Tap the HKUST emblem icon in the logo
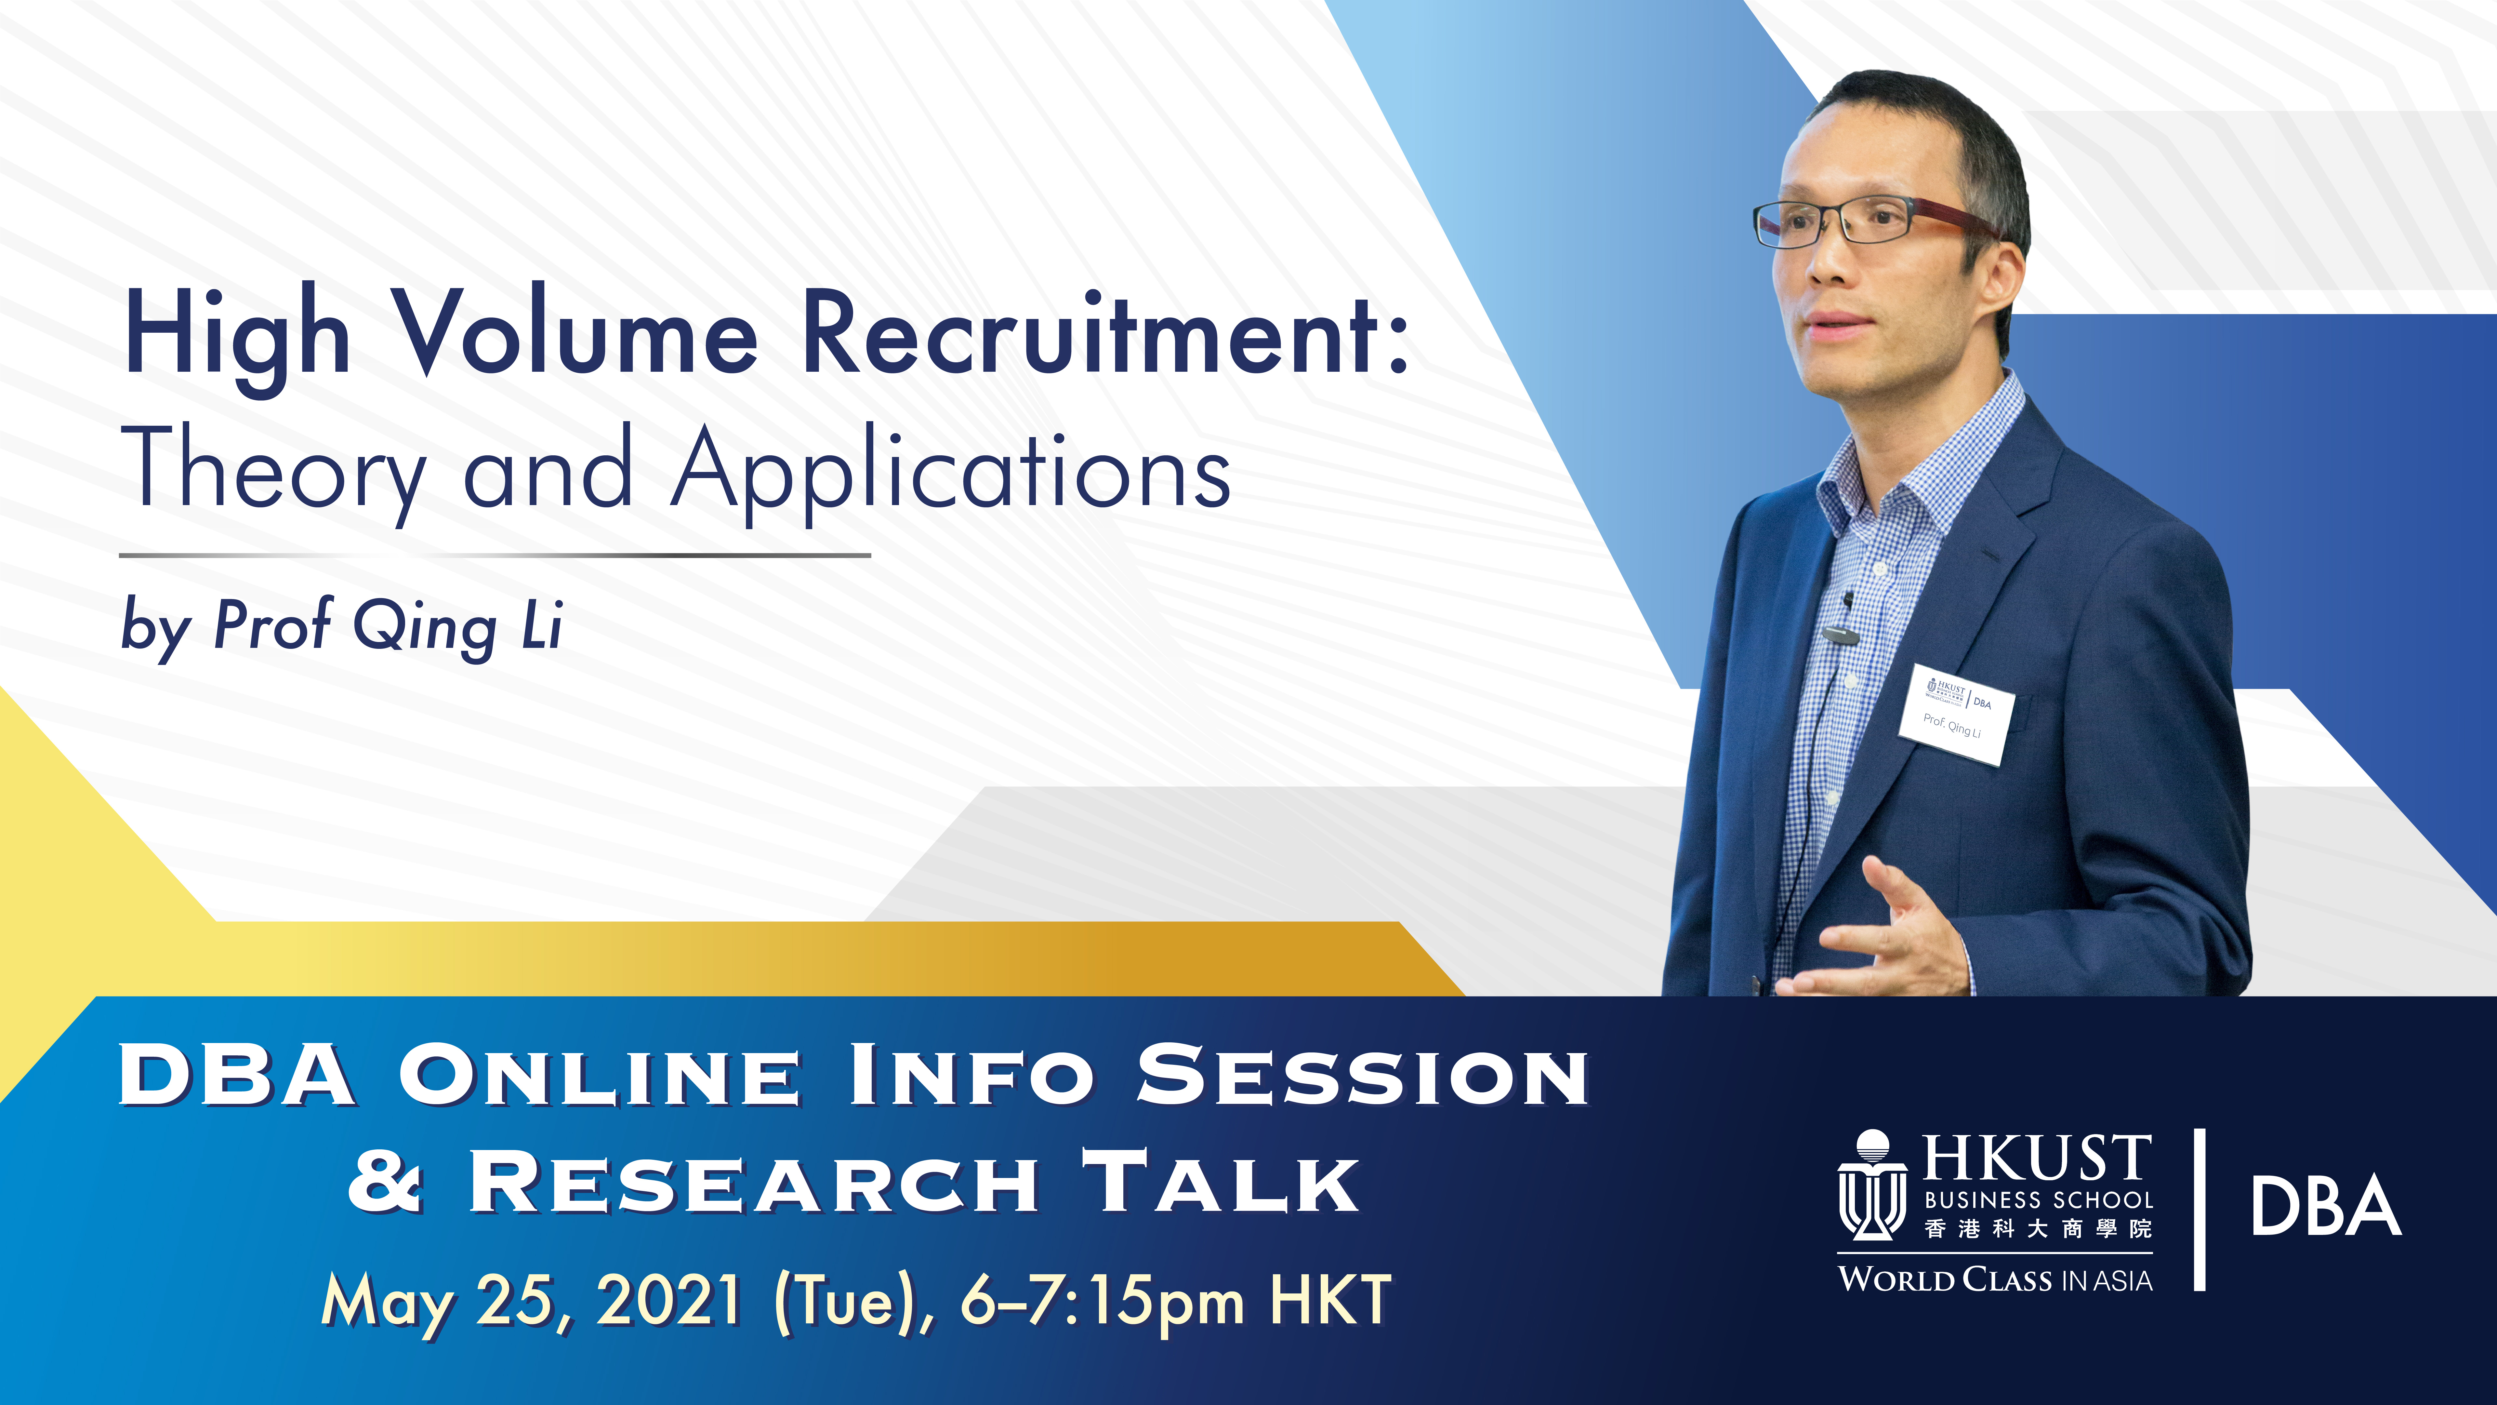point(1872,1185)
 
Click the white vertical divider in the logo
point(2200,1209)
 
